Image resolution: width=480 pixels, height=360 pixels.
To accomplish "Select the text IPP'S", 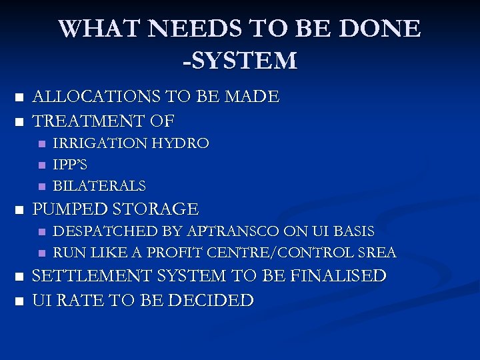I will (x=70, y=165).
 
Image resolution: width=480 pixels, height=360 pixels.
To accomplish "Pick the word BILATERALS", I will (x=99, y=186).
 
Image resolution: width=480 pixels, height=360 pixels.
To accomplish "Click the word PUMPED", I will (x=69, y=209).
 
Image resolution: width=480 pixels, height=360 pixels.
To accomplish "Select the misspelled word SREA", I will (x=377, y=253).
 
